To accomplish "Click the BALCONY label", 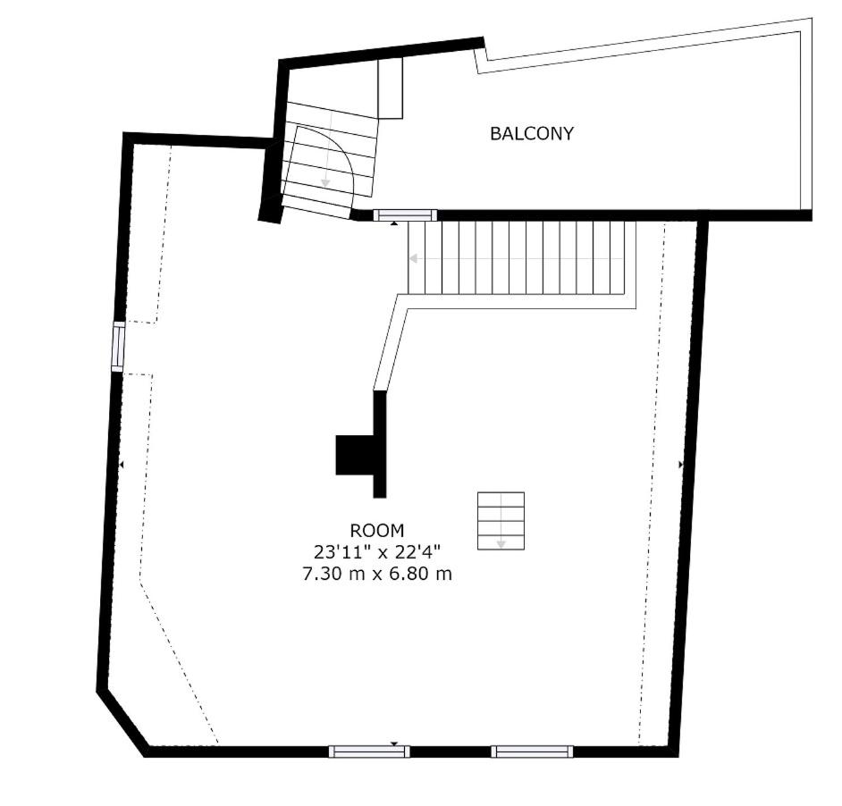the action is click(x=532, y=133).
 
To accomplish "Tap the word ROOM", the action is click(x=377, y=531).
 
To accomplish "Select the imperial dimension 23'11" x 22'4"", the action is click(x=377, y=552).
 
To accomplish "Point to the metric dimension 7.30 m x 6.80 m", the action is click(x=377, y=574).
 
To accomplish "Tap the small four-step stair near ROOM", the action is click(x=501, y=521).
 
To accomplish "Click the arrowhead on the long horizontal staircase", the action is click(x=413, y=259).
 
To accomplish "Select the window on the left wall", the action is click(x=118, y=347).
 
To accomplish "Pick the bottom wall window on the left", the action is click(x=369, y=751).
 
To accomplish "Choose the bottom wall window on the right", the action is click(x=532, y=751).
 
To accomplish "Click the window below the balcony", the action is click(x=405, y=215).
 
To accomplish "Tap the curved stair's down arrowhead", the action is click(x=324, y=183).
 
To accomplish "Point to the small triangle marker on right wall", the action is click(x=681, y=465).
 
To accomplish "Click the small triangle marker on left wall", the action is click(x=122, y=465).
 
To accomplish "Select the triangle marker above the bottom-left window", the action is click(x=394, y=743).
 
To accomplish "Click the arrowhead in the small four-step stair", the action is click(x=501, y=544).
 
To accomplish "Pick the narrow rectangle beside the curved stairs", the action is click(x=391, y=88).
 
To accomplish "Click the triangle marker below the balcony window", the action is click(x=394, y=222).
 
